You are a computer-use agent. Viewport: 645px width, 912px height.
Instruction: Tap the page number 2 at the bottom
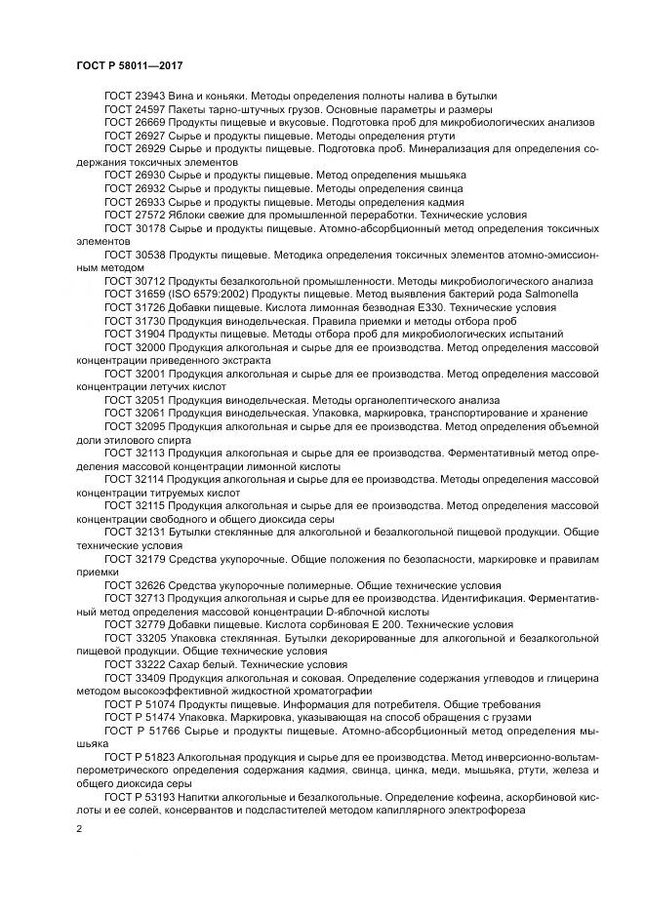[78, 828]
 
